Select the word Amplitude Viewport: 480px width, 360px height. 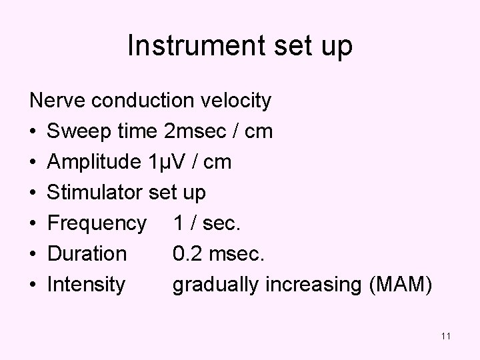(93, 162)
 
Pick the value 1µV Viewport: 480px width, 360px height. (165, 162)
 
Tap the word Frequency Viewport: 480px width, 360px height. (96, 223)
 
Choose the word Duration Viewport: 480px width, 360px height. (87, 254)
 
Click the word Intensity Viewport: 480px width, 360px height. (86, 285)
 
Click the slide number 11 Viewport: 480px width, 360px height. (446, 337)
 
